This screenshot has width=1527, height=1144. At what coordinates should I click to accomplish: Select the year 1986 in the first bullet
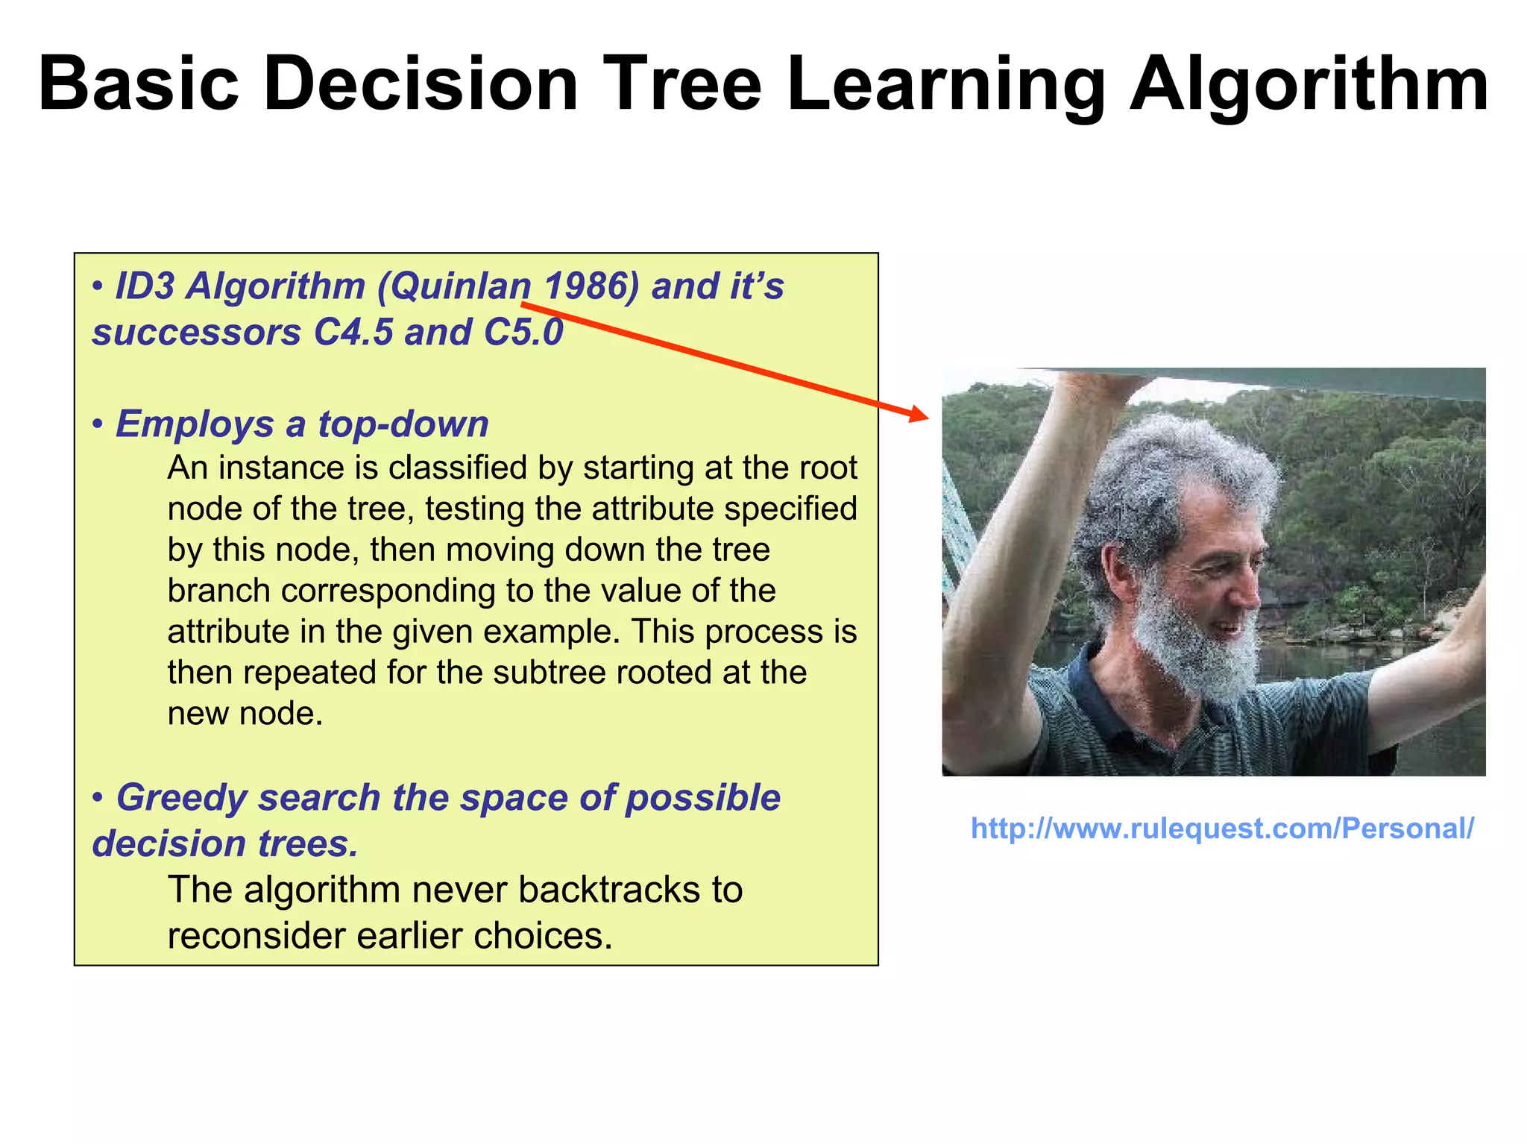click(x=591, y=286)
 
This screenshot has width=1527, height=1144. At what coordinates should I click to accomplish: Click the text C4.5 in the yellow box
click(x=353, y=333)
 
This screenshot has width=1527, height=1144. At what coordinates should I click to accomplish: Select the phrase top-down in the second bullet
click(x=403, y=424)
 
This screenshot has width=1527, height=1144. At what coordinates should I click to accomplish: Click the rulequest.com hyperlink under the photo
click(x=1222, y=829)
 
